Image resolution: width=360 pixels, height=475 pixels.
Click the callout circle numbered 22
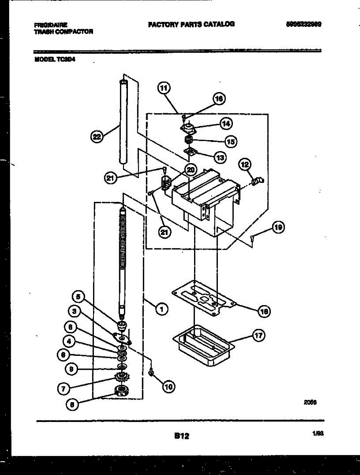coord(96,137)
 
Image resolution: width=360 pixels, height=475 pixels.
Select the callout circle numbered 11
coord(164,89)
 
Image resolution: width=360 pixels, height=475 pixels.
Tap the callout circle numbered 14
coord(226,123)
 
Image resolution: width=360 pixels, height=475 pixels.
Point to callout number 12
coord(244,163)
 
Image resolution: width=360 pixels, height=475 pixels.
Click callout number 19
coord(278,227)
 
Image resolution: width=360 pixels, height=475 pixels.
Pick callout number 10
coord(168,387)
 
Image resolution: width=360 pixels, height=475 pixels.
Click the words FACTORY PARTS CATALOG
coord(191,24)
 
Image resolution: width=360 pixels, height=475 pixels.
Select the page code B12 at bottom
coord(181,436)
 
